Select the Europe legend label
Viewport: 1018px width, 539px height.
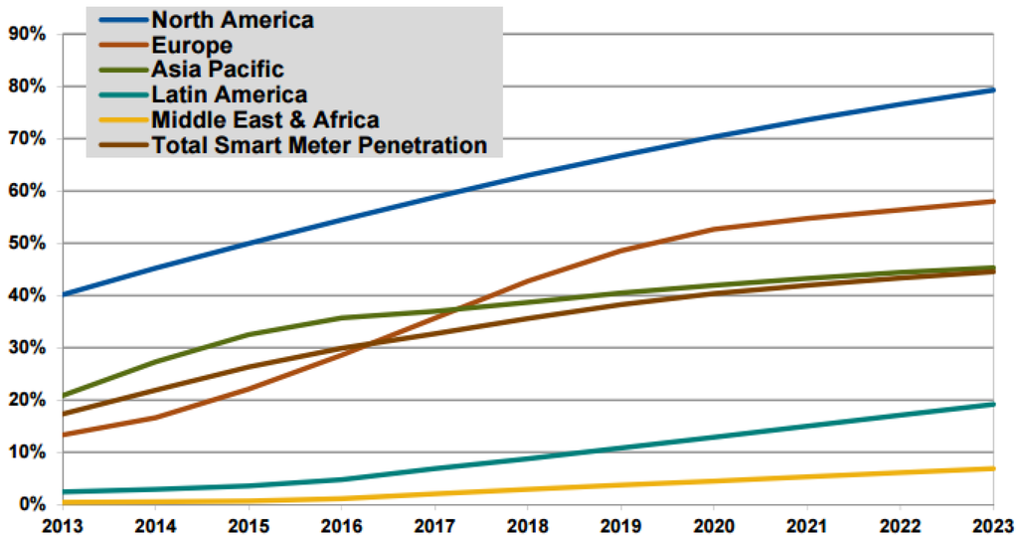pos(192,45)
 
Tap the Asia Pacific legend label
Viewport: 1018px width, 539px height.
pos(218,70)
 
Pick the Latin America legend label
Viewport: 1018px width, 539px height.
pos(229,94)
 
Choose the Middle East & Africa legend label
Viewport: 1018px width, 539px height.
pos(264,120)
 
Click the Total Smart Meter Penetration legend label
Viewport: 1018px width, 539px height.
pos(319,145)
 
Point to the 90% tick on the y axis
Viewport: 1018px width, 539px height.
pos(28,34)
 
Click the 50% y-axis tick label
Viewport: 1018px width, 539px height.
pos(28,244)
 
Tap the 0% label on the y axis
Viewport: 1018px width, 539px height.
pos(32,504)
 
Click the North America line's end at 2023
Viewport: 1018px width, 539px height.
pos(993,90)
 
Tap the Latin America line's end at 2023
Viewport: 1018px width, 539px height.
pos(993,404)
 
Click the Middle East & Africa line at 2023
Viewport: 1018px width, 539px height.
pos(993,468)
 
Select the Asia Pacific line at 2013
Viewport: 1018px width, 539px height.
pos(63,396)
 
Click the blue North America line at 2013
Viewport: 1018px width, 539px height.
pos(63,294)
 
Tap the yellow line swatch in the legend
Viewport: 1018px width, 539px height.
pos(121,120)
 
